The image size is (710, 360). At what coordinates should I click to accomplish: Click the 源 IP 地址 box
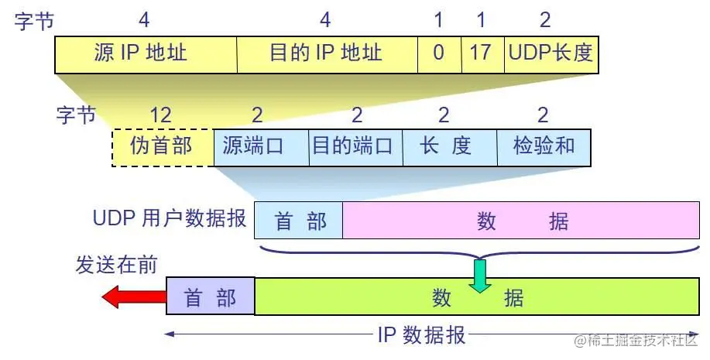coord(146,53)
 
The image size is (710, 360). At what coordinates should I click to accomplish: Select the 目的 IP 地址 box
coord(326,53)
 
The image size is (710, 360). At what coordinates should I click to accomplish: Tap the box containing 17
coord(482,53)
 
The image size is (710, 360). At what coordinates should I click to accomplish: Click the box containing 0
coord(439,53)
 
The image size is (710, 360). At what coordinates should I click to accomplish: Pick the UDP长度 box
coord(551,53)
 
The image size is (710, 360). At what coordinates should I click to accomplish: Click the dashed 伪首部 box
coord(162,146)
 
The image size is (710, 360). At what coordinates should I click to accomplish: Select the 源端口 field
coord(260,146)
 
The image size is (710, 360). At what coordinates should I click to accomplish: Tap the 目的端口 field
coord(355,146)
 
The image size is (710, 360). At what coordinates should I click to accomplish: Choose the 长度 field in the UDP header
coord(448,146)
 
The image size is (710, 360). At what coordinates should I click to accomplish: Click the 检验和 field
coord(544,146)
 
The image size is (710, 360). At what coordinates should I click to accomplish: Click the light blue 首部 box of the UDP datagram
coord(299,221)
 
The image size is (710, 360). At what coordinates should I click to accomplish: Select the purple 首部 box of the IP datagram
coord(211,297)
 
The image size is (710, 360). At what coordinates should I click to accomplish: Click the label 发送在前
coord(116,265)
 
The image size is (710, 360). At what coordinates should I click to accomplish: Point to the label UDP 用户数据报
coord(168,218)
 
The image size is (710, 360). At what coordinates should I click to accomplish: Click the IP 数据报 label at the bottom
coord(421,335)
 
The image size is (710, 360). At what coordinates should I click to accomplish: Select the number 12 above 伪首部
coord(160,115)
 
